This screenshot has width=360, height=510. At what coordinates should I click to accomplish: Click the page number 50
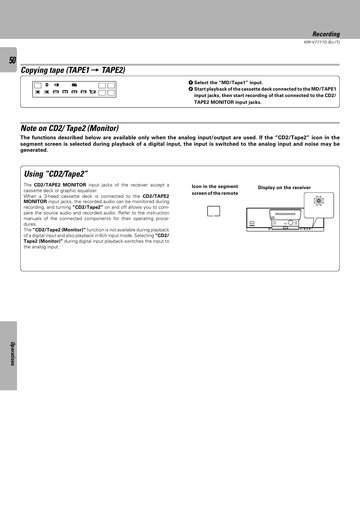[x=12, y=60]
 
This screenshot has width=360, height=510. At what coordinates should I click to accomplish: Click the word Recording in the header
[x=326, y=34]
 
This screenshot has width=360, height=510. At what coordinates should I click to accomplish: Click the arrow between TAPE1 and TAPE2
[x=95, y=70]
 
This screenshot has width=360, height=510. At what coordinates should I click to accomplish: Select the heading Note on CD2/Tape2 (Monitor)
[x=70, y=128]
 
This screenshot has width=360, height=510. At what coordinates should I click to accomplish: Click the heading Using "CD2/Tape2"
[x=56, y=174]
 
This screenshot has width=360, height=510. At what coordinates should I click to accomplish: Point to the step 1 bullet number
[x=191, y=83]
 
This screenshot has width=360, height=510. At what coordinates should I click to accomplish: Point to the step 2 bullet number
[x=191, y=89]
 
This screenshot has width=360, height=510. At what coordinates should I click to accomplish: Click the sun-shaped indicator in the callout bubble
[x=319, y=201]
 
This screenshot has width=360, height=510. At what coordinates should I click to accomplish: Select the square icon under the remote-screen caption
[x=214, y=211]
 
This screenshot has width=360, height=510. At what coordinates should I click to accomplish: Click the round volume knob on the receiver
[x=291, y=223]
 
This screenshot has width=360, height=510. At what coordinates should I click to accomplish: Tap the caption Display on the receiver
[x=284, y=188]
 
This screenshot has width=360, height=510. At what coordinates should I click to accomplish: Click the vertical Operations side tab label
[x=12, y=354]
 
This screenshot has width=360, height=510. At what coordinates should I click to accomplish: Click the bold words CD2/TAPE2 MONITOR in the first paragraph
[x=60, y=185]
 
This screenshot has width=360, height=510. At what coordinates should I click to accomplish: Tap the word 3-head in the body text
[x=51, y=196]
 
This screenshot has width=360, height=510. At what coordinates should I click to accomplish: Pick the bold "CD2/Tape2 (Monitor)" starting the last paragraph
[x=59, y=230]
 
